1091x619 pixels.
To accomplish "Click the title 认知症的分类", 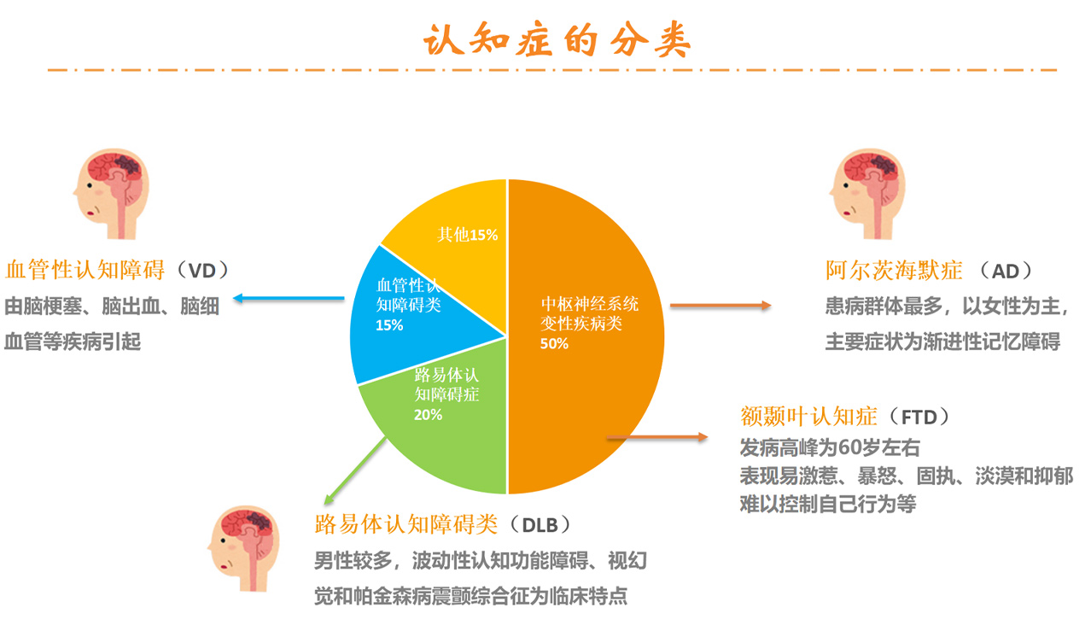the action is [557, 39].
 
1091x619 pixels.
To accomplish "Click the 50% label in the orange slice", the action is [554, 344].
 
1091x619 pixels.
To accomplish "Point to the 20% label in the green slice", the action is [428, 415].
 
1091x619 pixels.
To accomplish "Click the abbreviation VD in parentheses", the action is [201, 271].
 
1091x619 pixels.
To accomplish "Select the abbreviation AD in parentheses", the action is [1006, 272].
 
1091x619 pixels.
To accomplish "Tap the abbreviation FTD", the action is [919, 418].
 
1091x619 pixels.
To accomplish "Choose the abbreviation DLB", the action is [540, 525].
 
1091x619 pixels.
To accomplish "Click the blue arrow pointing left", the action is [289, 298].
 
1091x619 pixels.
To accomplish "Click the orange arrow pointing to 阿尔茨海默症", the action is [721, 306].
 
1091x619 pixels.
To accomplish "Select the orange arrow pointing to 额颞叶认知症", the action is [657, 437].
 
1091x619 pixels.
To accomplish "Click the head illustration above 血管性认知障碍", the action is [112, 194].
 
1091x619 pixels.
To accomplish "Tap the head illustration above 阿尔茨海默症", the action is [867, 194].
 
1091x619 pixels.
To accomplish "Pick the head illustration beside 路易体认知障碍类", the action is [244, 548].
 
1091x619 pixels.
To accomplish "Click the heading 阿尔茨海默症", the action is [894, 271].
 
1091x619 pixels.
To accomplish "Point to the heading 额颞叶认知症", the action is [808, 417].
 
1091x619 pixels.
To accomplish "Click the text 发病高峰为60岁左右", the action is [830, 447].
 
